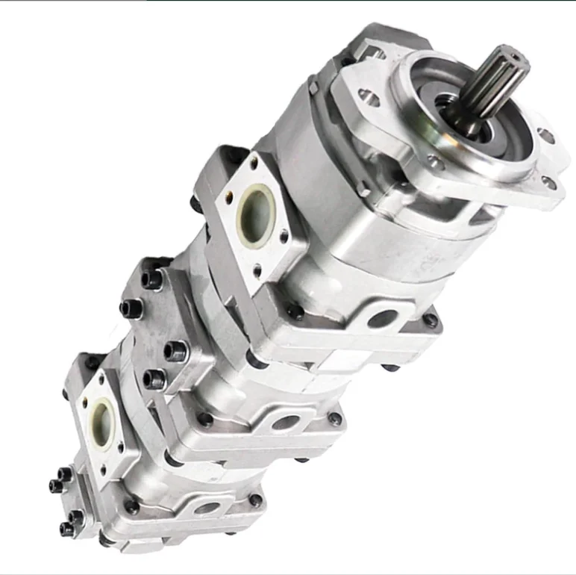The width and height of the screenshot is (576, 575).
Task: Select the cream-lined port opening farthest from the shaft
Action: [101, 422]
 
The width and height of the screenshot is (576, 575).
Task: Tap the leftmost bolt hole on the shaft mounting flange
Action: [365, 95]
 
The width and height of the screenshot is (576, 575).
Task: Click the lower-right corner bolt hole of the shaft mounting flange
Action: [549, 181]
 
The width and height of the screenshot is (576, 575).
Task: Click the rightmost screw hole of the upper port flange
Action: [284, 238]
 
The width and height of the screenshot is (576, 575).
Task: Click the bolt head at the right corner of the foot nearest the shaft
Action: [430, 320]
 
